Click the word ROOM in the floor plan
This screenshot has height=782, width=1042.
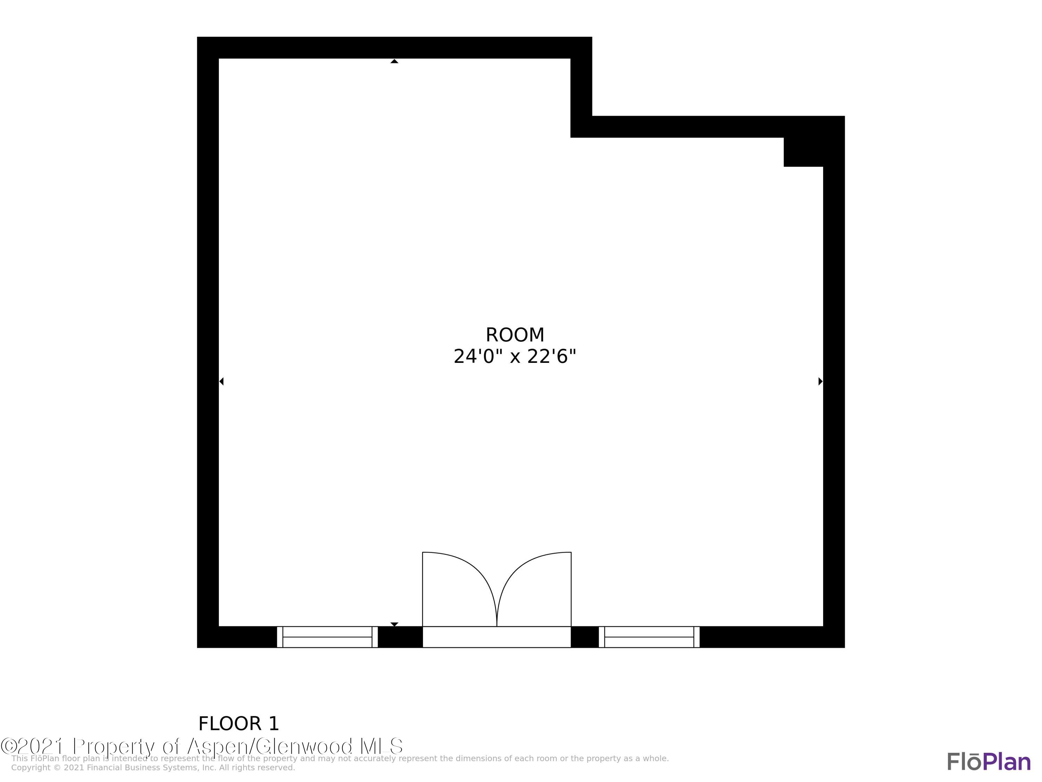[515, 335]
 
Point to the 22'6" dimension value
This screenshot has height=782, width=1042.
[552, 357]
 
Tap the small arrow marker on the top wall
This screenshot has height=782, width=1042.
[394, 61]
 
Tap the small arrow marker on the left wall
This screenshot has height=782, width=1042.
[221, 381]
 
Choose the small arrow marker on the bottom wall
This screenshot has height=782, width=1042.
[394, 624]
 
